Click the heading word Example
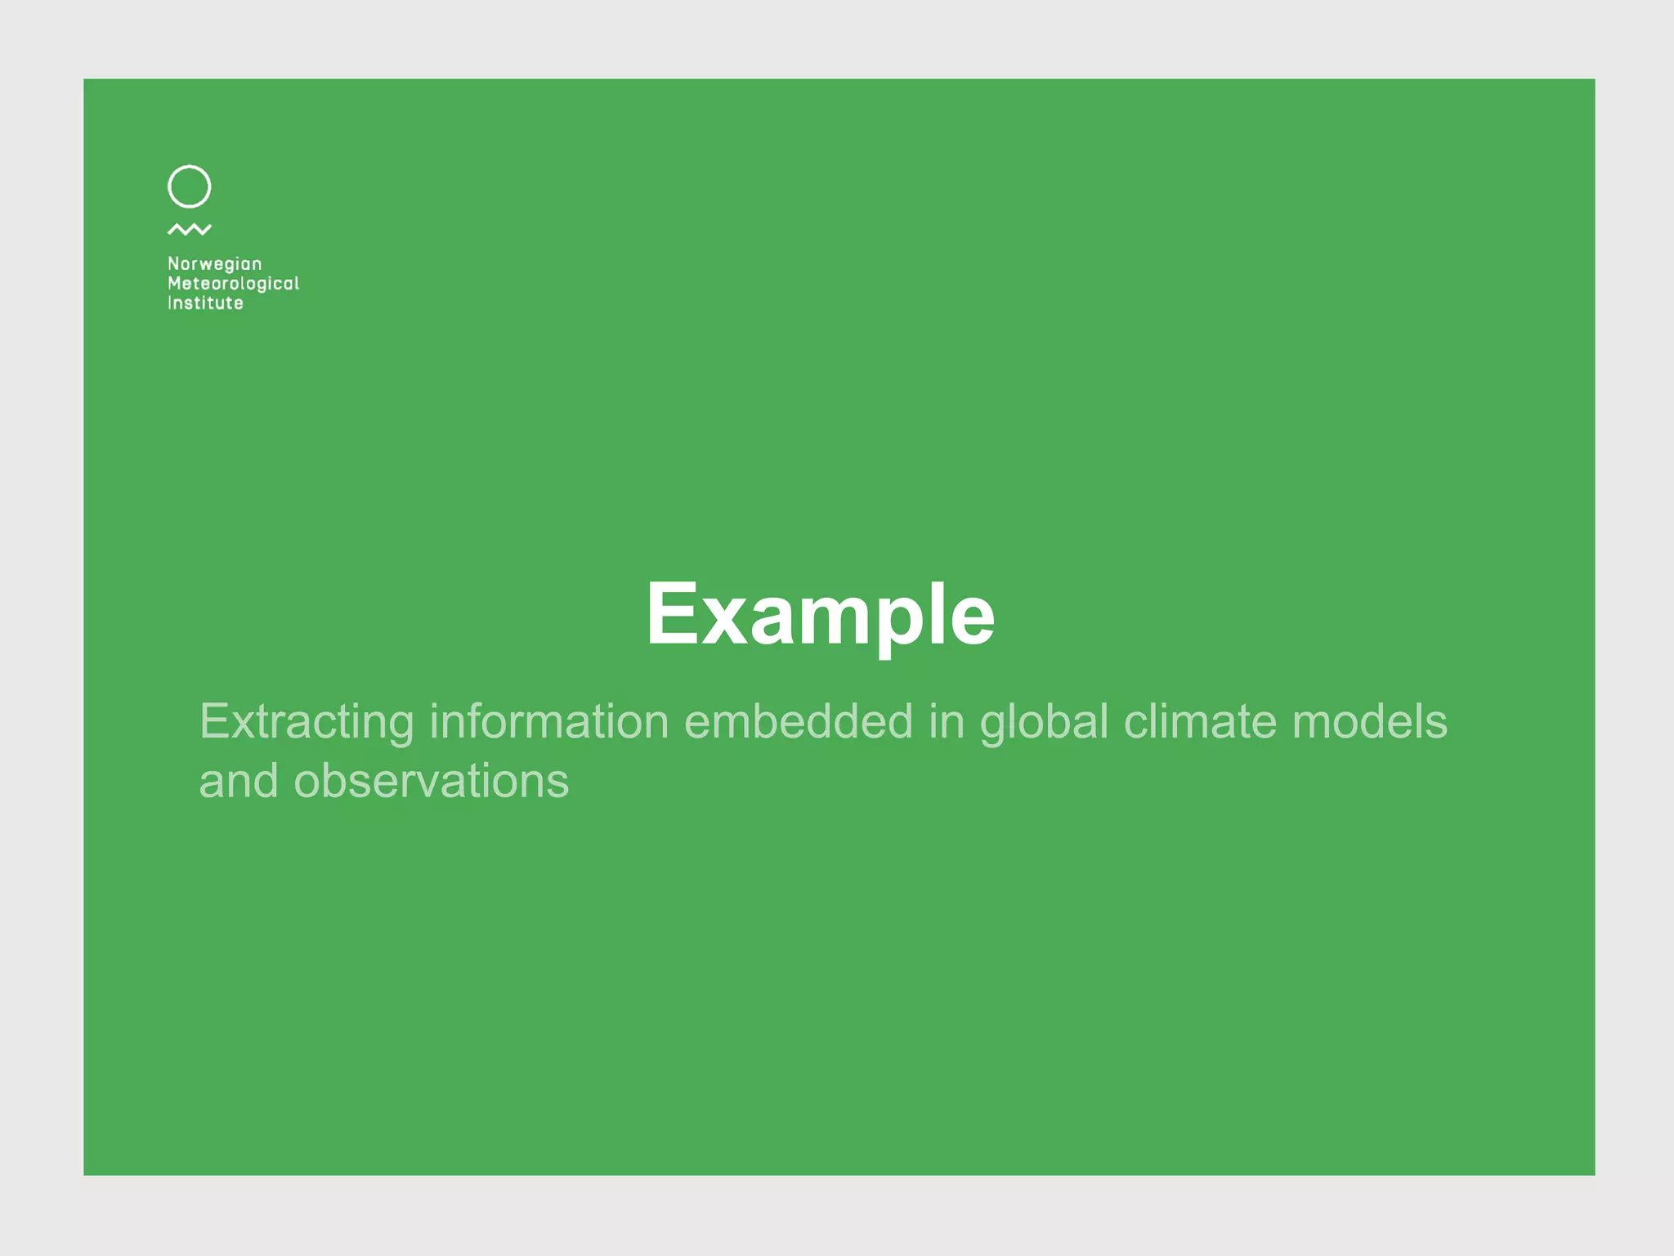click(x=820, y=614)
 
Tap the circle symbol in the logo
click(x=189, y=186)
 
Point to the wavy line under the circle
click(x=189, y=230)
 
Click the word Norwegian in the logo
click(x=214, y=264)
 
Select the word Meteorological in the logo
click(x=233, y=284)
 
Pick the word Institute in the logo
click(x=205, y=303)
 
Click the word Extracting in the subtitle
click(x=307, y=722)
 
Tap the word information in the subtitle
click(x=549, y=722)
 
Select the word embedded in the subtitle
click(x=798, y=722)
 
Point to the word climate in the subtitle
click(x=1200, y=722)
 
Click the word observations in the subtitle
click(x=431, y=781)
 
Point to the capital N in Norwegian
click(x=173, y=263)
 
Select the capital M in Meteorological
click(x=174, y=283)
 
